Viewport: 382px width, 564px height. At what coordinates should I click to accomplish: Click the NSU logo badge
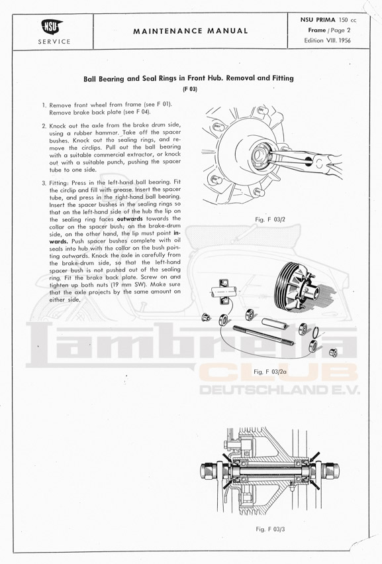click(x=52, y=27)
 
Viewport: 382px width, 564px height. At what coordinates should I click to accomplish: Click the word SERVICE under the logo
click(x=54, y=41)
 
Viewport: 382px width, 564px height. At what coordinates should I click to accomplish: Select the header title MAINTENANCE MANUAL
click(x=191, y=31)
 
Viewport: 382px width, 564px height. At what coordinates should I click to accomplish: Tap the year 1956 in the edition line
click(x=343, y=40)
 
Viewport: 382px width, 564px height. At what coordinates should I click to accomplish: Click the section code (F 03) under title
click(x=190, y=89)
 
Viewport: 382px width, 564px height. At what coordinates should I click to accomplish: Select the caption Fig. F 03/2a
click(x=270, y=372)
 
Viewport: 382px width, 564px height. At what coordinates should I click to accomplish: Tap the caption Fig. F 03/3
click(x=270, y=529)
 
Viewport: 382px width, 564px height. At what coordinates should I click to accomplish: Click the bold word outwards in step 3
click(x=130, y=219)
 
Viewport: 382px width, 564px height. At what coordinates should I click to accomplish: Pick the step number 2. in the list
click(x=44, y=126)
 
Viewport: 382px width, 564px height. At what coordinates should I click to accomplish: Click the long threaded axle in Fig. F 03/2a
click(x=263, y=335)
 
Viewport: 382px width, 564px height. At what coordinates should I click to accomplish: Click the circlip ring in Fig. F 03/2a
click(x=316, y=333)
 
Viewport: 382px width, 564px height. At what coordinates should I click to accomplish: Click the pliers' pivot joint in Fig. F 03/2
click(x=308, y=160)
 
